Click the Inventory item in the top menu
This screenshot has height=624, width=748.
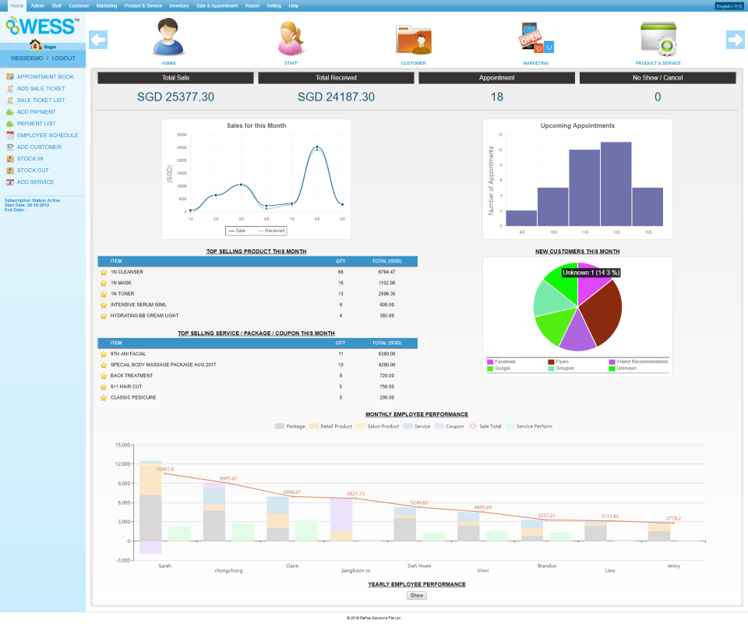[x=178, y=5]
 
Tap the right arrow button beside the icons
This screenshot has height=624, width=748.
[x=736, y=40]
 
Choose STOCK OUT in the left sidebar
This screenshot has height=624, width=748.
[x=33, y=171]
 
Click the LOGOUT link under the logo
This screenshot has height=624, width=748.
[x=63, y=58]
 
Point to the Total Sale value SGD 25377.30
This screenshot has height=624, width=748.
[x=175, y=97]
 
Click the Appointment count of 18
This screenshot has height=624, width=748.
[x=497, y=97]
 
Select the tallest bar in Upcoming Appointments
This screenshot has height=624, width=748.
[x=616, y=183]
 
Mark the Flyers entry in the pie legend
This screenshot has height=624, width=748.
[x=561, y=361]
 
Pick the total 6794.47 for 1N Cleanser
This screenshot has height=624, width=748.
[x=386, y=272]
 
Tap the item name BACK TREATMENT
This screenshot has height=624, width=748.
[x=132, y=375]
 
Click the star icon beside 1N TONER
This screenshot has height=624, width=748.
[x=104, y=294]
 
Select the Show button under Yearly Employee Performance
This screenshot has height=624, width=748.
[x=417, y=595]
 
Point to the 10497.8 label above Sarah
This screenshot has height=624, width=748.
[x=164, y=469]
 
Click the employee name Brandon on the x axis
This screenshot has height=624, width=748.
[x=547, y=566]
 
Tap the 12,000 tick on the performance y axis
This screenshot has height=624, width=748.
[x=121, y=464]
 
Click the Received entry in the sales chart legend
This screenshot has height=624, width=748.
[x=271, y=231]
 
